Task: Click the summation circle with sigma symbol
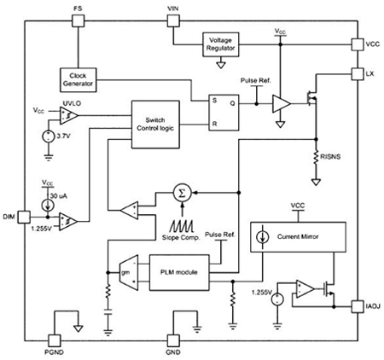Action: tap(181, 194)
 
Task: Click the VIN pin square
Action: tap(172, 20)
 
